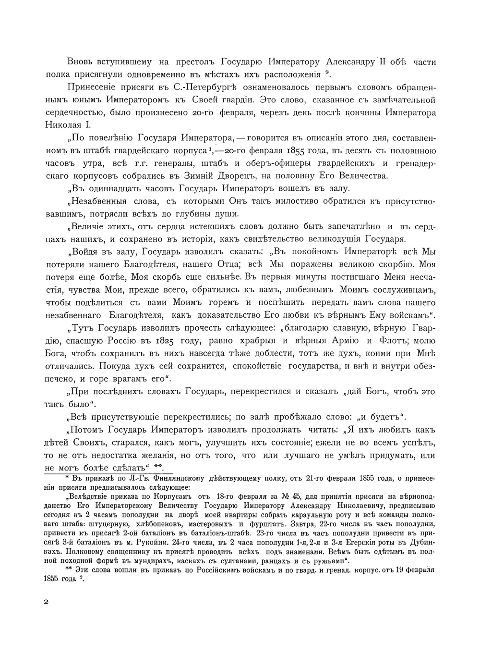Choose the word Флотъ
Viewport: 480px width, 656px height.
[393, 341]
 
